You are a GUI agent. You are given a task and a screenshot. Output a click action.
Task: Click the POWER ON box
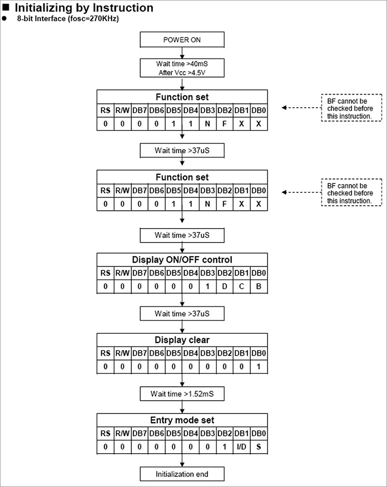pyautogui.click(x=182, y=40)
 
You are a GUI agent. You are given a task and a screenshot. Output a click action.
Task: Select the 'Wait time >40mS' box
pyautogui.click(x=182, y=68)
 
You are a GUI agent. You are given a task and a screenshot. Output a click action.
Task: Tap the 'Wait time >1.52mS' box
pyautogui.click(x=182, y=394)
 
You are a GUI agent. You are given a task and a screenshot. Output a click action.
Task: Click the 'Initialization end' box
pyautogui.click(x=182, y=474)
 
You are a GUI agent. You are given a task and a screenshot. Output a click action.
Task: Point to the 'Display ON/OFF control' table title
pyautogui.click(x=182, y=259)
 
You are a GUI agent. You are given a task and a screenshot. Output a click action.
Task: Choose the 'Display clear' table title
pyautogui.click(x=182, y=340)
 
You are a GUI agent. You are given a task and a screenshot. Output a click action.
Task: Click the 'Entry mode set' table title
pyautogui.click(x=182, y=420)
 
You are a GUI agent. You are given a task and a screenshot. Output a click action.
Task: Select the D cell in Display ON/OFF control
pyautogui.click(x=224, y=286)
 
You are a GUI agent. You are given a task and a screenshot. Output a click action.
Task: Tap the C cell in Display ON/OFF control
pyautogui.click(x=242, y=286)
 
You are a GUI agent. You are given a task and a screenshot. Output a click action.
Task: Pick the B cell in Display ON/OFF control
pyautogui.click(x=259, y=286)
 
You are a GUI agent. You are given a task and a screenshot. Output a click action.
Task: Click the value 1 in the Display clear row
pyautogui.click(x=259, y=367)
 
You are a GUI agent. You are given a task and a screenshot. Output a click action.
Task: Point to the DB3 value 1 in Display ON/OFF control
pyautogui.click(x=207, y=286)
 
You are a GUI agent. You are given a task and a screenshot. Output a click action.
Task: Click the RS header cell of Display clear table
pyautogui.click(x=105, y=353)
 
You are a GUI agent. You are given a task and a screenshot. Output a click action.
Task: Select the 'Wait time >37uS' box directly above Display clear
pyautogui.click(x=182, y=314)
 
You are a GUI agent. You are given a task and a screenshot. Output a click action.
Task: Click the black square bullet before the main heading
pyautogui.click(x=6, y=7)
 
